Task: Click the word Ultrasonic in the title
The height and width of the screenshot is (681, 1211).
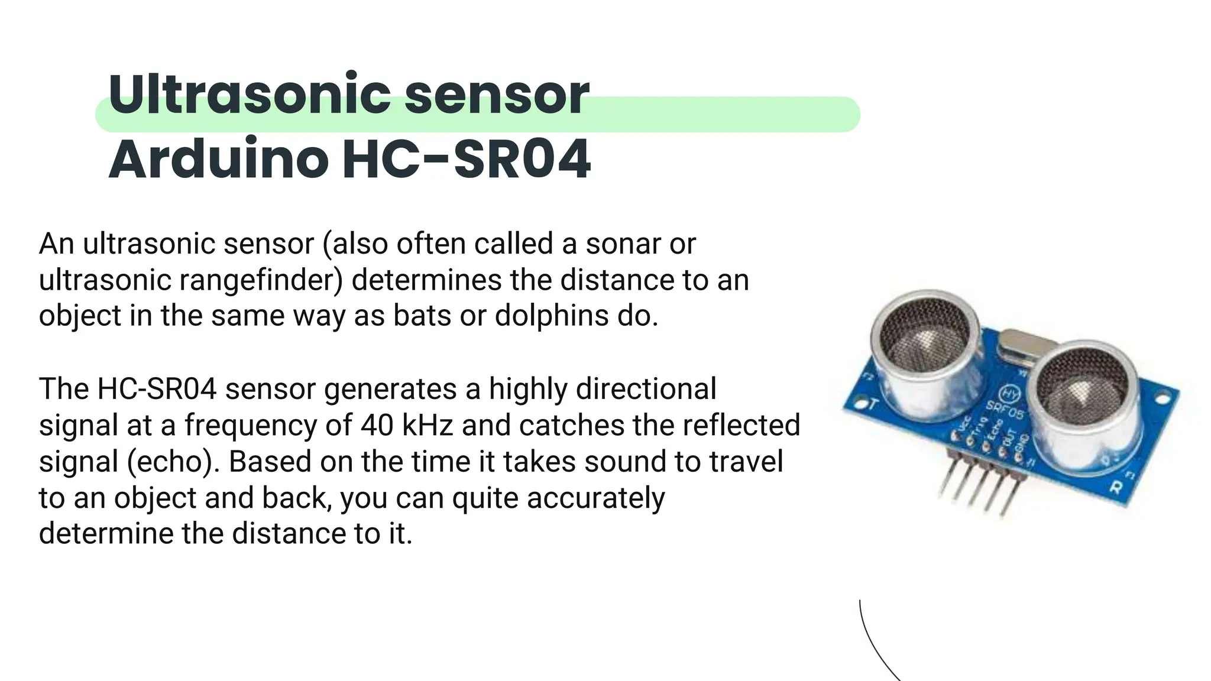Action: point(248,95)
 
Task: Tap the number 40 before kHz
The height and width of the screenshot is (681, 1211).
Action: point(377,425)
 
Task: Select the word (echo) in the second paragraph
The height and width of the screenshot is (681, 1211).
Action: point(174,462)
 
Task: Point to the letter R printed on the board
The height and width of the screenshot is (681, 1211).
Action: point(1116,488)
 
